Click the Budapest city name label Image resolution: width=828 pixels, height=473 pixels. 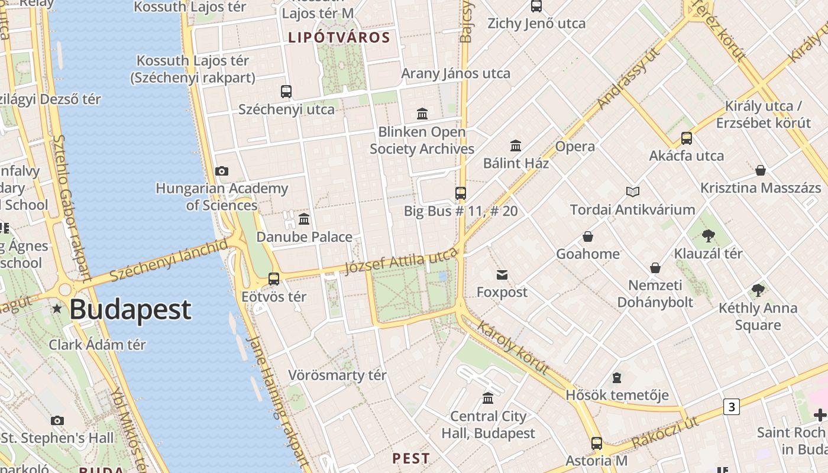pos(131,310)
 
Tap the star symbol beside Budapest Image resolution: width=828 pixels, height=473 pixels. pos(57,308)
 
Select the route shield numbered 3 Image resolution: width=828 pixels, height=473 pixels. pos(732,407)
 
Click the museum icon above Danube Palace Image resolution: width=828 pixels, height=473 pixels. pos(304,219)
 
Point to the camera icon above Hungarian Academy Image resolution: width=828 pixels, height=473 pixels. pos(222,171)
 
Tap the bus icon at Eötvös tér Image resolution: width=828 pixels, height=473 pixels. pos(274,279)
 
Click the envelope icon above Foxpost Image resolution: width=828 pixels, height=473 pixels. pos(502,274)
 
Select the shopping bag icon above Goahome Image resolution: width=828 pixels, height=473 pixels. pos(588,237)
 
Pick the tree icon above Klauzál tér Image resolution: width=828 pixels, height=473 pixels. pos(708,236)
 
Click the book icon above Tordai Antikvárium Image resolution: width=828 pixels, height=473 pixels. pos(633,192)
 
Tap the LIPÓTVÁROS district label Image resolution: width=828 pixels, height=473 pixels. pos(339,38)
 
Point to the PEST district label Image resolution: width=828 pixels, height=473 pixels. pos(411,458)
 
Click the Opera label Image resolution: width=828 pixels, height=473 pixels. pos(575,147)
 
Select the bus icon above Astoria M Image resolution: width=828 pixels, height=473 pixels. pos(597,443)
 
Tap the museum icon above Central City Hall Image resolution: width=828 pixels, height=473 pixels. pos(488,399)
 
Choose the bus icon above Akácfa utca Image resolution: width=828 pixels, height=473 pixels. pos(687,138)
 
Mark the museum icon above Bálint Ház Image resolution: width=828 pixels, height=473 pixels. pos(516,145)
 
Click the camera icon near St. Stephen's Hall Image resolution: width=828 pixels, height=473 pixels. pos(57,420)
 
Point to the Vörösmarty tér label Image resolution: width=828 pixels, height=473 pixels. pos(337,375)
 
